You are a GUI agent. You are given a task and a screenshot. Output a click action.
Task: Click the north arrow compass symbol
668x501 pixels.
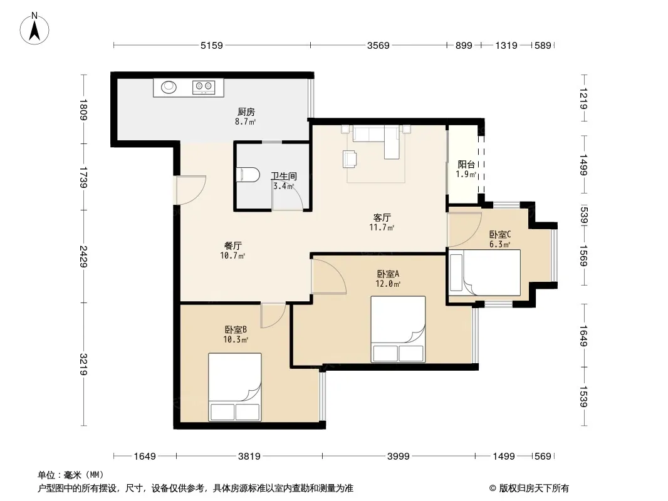coord(34,28)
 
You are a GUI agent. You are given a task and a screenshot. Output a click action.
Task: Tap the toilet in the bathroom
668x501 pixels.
coord(248,175)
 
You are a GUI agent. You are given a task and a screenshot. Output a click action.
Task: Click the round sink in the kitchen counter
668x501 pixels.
coord(169,87)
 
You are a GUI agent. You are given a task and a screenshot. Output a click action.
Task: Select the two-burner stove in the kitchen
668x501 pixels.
coord(203,87)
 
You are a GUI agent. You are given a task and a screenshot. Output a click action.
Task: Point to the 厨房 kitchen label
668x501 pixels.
coord(246,112)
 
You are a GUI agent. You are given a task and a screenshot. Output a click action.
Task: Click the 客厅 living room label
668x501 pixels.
coord(382,218)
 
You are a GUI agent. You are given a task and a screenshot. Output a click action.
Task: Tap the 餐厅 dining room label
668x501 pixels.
coord(233,245)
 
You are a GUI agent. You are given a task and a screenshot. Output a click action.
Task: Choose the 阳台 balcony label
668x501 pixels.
coord(466,164)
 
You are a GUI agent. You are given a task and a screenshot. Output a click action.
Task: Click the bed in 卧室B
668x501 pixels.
coord(235,387)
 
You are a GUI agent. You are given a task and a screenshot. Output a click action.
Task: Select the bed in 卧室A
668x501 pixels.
coord(398,329)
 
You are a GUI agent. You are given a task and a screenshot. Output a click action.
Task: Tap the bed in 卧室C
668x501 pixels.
coord(485,272)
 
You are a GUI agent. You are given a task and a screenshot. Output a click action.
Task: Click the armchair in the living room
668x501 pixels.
coord(350,158)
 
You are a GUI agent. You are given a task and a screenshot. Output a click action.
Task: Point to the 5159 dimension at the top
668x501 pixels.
coord(212,45)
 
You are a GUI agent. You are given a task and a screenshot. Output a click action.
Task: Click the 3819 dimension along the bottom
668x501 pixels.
coord(249,457)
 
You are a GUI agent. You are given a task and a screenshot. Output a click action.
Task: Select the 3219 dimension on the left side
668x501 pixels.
coord(83,364)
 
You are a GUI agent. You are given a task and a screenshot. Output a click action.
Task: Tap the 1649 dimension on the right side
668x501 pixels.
coord(583,336)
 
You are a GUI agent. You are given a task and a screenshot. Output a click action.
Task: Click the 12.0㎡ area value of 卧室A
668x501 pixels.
coord(388,284)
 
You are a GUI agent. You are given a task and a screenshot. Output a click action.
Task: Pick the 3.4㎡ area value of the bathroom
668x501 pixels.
coord(283,185)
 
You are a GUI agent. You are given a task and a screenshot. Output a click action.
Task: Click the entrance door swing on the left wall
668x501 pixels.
coord(190,190)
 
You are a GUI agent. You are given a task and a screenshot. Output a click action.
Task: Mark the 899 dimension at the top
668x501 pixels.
coord(464,45)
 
